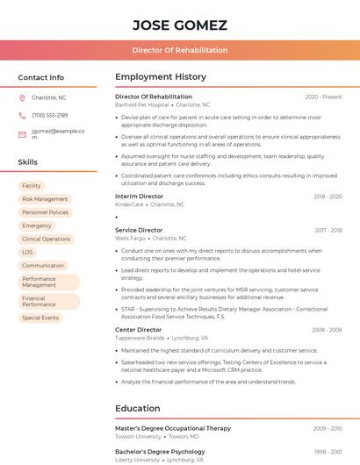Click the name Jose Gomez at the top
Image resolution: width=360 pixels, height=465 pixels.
(180, 25)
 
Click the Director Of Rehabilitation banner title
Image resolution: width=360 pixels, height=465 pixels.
(180, 50)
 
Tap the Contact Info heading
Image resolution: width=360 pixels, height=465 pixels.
(40, 77)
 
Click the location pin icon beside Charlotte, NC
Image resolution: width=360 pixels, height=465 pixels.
(22, 97)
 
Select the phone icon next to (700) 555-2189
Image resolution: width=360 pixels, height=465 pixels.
(22, 115)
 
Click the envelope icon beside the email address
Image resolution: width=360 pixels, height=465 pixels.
(22, 134)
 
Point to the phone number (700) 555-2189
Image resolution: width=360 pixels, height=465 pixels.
(50, 115)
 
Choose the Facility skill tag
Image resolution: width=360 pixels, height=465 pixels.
(32, 186)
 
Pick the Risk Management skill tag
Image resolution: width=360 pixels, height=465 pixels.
(45, 199)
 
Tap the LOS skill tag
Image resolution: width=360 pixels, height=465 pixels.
(27, 252)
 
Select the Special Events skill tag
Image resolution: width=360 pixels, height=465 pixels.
(40, 318)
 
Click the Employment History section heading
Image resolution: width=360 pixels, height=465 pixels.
(161, 77)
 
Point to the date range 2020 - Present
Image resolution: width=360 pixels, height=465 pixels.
(323, 97)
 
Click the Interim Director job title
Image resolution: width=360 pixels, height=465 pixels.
(139, 197)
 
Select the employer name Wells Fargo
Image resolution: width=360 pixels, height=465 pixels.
(130, 239)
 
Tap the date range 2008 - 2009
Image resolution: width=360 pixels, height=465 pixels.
(327, 330)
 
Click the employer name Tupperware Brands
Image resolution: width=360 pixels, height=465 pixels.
(140, 338)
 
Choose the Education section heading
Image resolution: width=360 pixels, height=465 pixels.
(139, 408)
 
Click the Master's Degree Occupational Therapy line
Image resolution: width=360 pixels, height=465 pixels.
(173, 428)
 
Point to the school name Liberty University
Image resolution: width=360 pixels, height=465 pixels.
(138, 459)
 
